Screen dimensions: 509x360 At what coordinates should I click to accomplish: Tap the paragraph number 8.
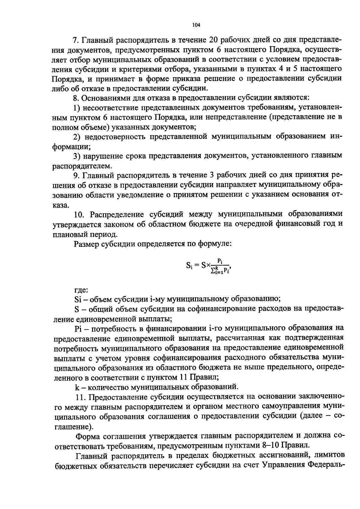pyautogui.click(x=76, y=98)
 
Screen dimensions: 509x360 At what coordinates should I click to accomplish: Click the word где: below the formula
pyautogui.click(x=81, y=290)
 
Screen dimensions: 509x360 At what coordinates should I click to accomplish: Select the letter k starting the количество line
pyautogui.click(x=76, y=387)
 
